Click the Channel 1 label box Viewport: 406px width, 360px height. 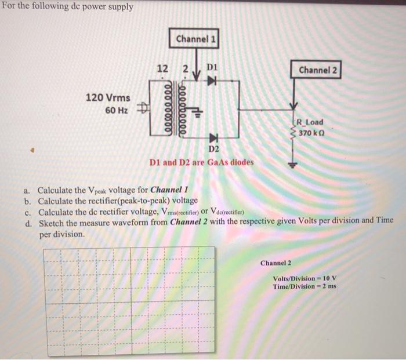tap(196, 39)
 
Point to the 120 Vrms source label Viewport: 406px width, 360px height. tap(108, 97)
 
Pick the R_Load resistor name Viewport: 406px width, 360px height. tap(310, 123)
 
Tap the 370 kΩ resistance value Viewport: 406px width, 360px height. tap(311, 133)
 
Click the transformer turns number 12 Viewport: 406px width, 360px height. tap(163, 70)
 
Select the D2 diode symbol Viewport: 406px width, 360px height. tap(212, 139)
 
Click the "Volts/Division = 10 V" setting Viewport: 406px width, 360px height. tap(304, 279)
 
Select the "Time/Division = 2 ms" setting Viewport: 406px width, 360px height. tap(304, 287)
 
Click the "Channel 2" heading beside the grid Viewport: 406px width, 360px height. tap(276, 263)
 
